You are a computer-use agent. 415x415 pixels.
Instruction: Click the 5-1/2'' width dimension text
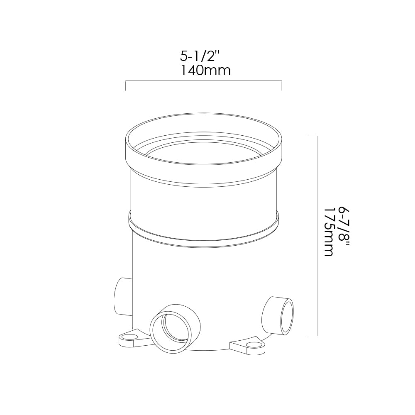point(200,56)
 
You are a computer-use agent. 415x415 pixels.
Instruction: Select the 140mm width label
point(206,71)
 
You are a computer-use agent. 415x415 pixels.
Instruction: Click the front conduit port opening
point(171,332)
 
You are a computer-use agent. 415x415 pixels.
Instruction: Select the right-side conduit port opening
point(287,316)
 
